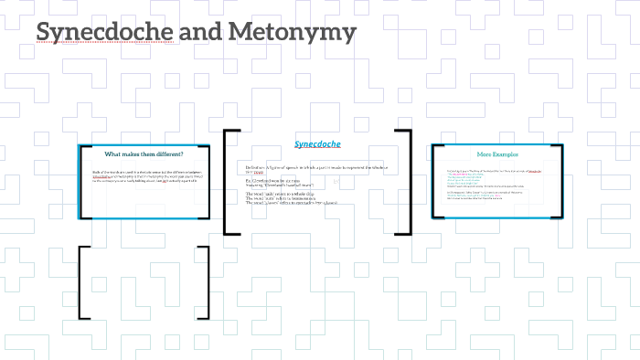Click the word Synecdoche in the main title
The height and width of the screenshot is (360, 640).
click(100, 33)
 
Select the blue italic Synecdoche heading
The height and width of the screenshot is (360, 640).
click(317, 143)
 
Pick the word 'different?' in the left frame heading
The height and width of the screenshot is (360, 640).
click(168, 154)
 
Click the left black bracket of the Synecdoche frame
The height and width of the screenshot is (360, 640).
click(229, 183)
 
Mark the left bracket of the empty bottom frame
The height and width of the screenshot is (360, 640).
click(83, 282)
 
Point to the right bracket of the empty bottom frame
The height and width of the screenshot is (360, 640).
click(204, 282)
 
